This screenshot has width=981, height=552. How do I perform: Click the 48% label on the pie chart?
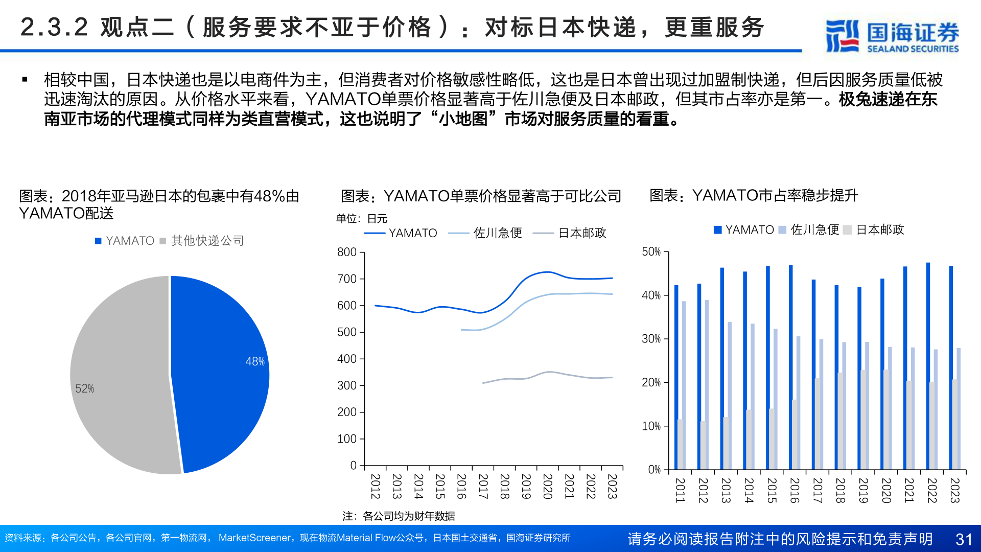coord(255,361)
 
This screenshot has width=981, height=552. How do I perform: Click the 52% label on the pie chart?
coord(85,388)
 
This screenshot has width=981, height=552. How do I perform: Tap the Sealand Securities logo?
coord(892,36)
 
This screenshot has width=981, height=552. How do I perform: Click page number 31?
coord(964,539)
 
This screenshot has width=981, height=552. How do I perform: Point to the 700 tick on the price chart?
coord(347,279)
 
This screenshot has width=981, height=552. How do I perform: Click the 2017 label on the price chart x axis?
coord(483,486)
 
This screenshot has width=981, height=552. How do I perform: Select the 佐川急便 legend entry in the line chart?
coord(497,233)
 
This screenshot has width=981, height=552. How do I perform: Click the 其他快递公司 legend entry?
coord(207,241)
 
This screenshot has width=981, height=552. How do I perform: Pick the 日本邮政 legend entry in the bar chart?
coord(879,230)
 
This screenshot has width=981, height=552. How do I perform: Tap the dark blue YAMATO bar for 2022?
coord(928,366)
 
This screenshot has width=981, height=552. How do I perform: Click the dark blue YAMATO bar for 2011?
coord(676,377)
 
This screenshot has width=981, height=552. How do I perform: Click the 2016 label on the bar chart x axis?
coord(795,490)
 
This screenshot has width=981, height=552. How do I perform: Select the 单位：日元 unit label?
coord(362,219)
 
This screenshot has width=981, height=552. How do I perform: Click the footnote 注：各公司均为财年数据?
coord(399,516)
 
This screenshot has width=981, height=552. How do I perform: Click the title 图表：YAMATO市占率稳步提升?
coord(754,196)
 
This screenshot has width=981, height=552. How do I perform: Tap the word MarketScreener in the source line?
coord(254,538)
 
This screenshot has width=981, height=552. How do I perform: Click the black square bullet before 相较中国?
coord(25,80)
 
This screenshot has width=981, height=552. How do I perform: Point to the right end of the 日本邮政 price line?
coord(612,378)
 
